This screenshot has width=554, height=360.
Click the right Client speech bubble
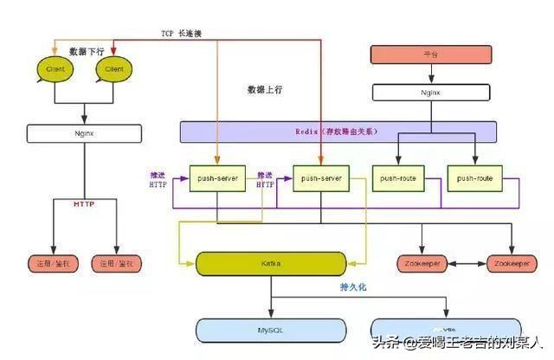tap(113, 68)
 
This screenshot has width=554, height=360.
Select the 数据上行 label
tap(266, 90)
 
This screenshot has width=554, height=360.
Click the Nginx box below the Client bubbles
tap(84, 133)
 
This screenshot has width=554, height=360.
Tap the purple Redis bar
tap(338, 132)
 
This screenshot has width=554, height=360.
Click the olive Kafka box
tap(270, 263)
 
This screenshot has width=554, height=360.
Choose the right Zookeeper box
tap(511, 263)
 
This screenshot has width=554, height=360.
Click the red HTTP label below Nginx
tap(84, 204)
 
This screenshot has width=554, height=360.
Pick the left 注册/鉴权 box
tap(52, 263)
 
